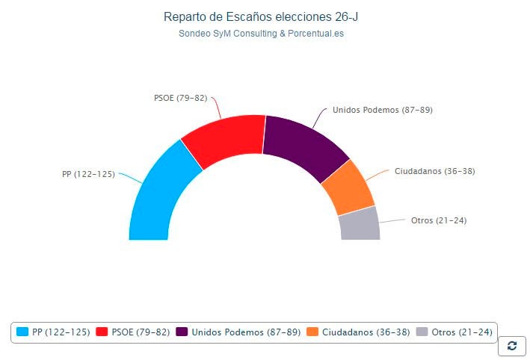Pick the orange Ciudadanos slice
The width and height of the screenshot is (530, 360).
[348, 187]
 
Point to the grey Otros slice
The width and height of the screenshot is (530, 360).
[360, 223]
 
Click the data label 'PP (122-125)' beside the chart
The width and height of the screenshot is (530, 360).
[88, 174]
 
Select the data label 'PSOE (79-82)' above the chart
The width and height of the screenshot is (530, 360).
[180, 98]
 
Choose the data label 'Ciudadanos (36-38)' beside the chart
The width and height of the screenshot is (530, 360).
[434, 171]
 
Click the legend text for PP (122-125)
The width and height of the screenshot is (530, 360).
[61, 332]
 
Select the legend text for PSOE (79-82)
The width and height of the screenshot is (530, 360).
[141, 332]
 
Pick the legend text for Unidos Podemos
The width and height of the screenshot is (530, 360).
[246, 332]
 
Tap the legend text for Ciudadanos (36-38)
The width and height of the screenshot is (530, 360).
[366, 332]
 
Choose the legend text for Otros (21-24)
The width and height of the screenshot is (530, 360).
[462, 332]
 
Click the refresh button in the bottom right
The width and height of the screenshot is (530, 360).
[511, 345]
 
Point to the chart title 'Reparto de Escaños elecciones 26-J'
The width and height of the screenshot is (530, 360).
[265, 16]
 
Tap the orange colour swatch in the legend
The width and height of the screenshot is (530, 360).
[313, 332]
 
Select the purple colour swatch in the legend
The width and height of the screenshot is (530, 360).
[182, 332]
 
